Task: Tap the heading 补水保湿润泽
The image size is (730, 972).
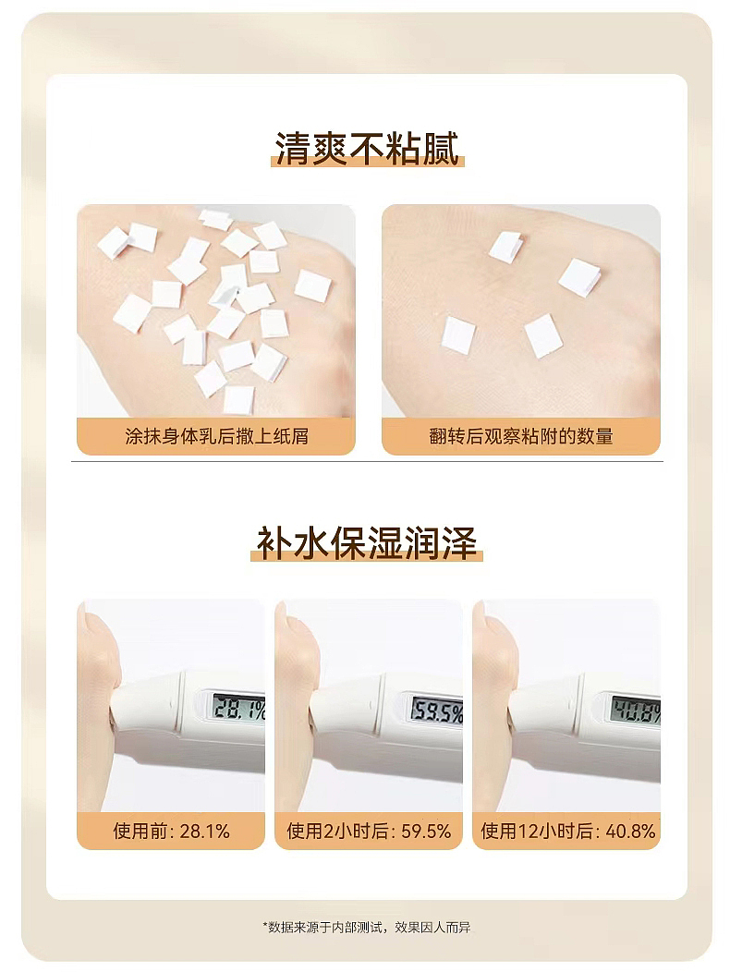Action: tap(368, 543)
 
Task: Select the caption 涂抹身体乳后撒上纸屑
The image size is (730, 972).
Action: tap(216, 436)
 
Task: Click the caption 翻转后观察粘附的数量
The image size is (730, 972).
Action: tap(521, 436)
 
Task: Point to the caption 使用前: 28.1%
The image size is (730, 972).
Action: tap(171, 832)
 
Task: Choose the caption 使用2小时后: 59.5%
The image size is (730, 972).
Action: tap(369, 832)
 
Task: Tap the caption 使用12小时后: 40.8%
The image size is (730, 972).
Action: tap(566, 832)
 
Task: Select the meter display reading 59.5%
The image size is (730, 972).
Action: tap(436, 711)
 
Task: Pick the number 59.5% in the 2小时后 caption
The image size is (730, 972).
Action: tap(426, 832)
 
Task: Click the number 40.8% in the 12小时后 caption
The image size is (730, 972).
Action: tap(630, 832)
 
